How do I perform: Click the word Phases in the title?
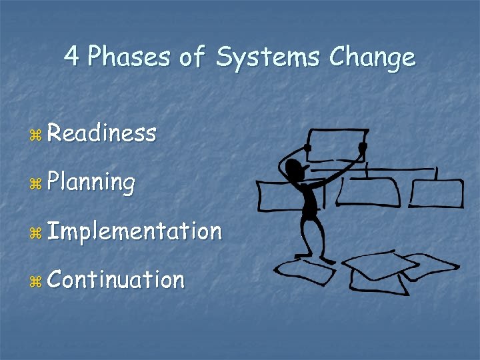[129, 57]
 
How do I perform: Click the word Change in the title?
[373, 59]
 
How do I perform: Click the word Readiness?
[102, 133]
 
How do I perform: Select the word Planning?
[91, 183]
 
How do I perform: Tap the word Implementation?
[134, 231]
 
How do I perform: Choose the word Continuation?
[116, 279]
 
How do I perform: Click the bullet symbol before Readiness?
[36, 135]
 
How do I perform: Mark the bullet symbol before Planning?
[36, 184]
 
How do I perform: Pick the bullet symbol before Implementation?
[36, 233]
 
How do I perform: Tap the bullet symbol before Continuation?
[36, 281]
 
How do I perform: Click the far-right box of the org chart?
[436, 193]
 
